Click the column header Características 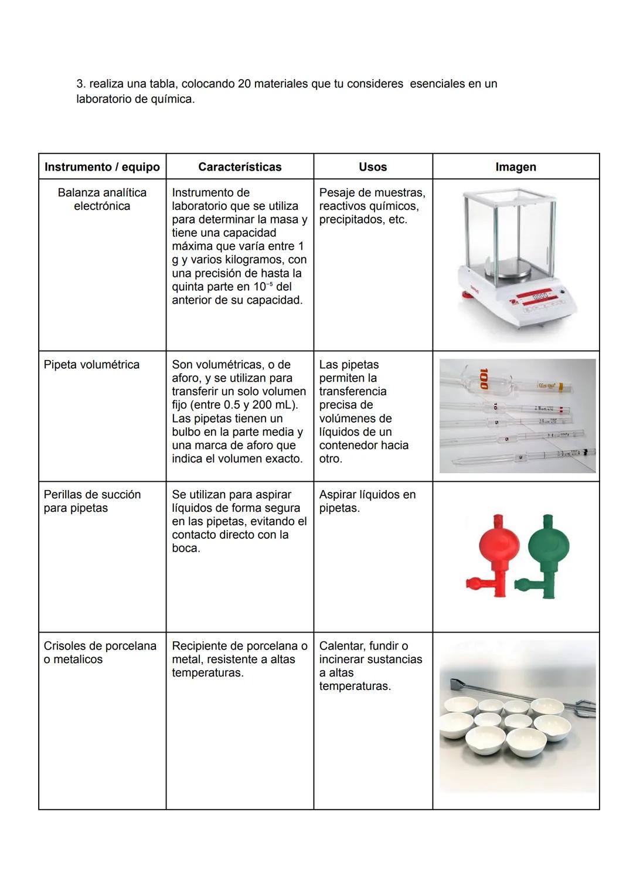[240, 167]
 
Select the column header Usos [373, 167]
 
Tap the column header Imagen [516, 167]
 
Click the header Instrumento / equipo [102, 167]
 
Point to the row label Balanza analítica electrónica [102, 199]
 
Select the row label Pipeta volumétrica [91, 365]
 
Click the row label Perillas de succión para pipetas [92, 501]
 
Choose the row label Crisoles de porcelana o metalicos [100, 652]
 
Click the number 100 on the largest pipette [484, 379]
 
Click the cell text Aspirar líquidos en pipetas [367, 501]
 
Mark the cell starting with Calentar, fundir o [370, 666]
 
